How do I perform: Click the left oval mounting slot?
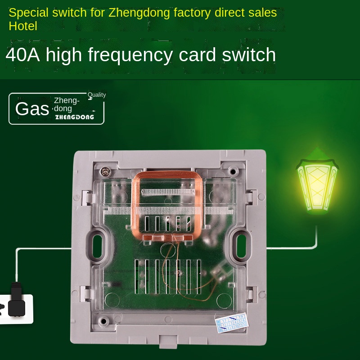[x=99, y=244]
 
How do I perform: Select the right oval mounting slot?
[x=240, y=244]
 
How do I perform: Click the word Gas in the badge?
[x=31, y=109]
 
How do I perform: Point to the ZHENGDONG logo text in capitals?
[x=74, y=117]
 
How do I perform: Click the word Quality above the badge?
[x=97, y=94]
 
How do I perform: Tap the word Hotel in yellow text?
[x=22, y=26]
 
